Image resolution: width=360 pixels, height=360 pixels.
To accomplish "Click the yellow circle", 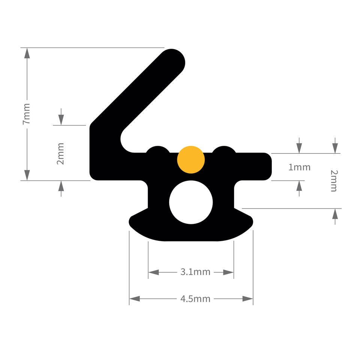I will click(x=191, y=159).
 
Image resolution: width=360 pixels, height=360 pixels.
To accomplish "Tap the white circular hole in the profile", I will click(x=191, y=202).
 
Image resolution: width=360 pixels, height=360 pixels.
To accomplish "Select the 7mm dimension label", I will click(x=26, y=114).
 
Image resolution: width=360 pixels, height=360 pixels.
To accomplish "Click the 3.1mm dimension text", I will click(x=195, y=272).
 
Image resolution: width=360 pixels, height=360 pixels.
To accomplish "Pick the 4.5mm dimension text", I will click(x=195, y=299).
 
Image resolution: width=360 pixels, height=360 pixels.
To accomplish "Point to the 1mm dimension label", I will click(x=299, y=167).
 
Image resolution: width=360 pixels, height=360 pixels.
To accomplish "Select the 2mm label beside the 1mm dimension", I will click(x=334, y=180).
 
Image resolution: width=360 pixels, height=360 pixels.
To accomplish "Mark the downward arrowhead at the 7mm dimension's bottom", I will click(x=27, y=175).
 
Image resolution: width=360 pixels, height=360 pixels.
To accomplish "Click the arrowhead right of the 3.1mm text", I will click(x=228, y=272).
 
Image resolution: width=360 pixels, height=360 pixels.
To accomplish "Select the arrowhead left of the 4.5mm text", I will click(x=135, y=299).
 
